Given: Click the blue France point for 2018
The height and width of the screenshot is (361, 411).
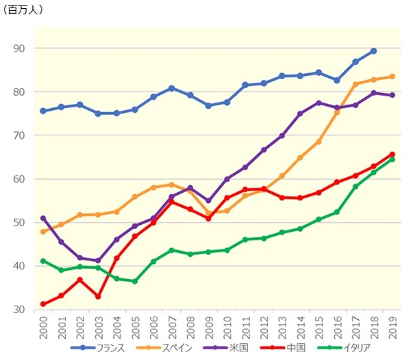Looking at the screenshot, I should (x=373, y=51).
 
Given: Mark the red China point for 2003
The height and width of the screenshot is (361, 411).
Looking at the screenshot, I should (x=99, y=297).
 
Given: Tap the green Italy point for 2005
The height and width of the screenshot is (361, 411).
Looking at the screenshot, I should (x=135, y=281).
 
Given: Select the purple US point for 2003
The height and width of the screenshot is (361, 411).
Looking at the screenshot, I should (x=99, y=260).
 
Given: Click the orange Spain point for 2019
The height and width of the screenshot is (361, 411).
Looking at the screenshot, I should (x=392, y=77).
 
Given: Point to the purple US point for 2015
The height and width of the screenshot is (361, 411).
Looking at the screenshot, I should (x=319, y=103).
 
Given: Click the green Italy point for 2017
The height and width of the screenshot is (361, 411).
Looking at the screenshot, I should (x=355, y=187).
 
